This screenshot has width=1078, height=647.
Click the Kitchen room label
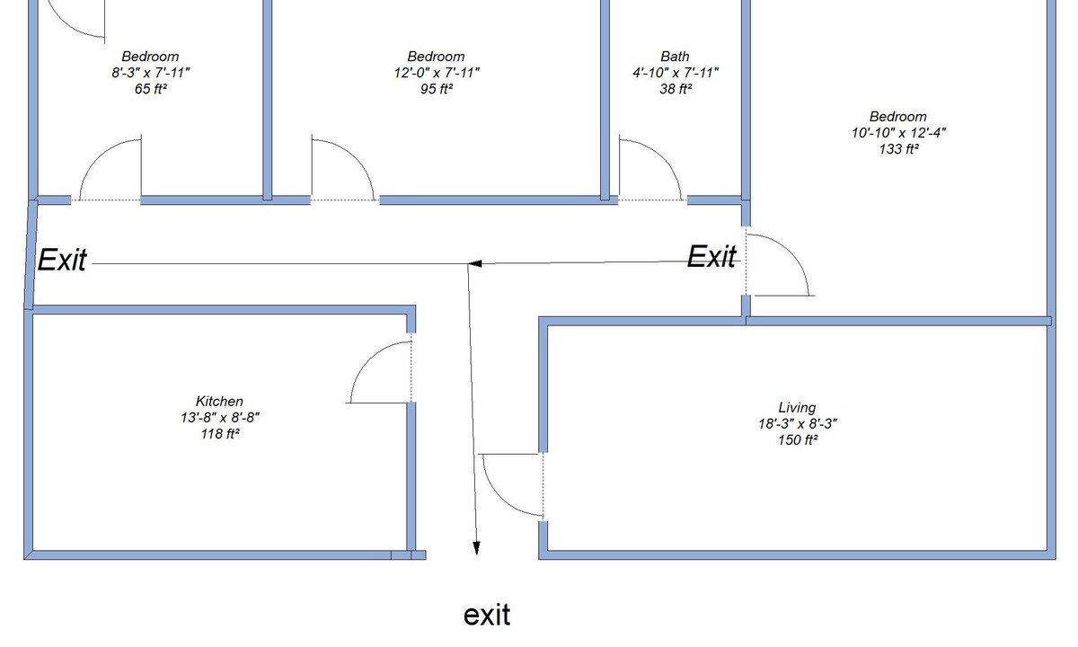click(219, 401)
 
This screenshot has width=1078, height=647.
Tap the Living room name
click(797, 408)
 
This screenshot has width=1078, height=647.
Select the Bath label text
click(675, 57)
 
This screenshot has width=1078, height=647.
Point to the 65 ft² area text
click(151, 89)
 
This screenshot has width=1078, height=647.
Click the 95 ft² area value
click(436, 89)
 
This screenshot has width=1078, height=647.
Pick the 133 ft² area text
click(898, 149)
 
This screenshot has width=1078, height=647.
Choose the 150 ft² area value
click(798, 440)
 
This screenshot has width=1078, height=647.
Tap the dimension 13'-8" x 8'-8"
click(220, 417)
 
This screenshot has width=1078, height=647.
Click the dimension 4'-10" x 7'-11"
click(676, 73)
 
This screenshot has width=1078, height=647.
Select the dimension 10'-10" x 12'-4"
click(898, 133)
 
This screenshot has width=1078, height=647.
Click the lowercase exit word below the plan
click(487, 616)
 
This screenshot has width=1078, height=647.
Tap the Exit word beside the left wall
click(62, 260)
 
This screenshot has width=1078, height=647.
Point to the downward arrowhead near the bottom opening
click(476, 548)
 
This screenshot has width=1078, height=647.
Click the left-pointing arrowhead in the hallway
click(474, 264)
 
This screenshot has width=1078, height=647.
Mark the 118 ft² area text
click(220, 434)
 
